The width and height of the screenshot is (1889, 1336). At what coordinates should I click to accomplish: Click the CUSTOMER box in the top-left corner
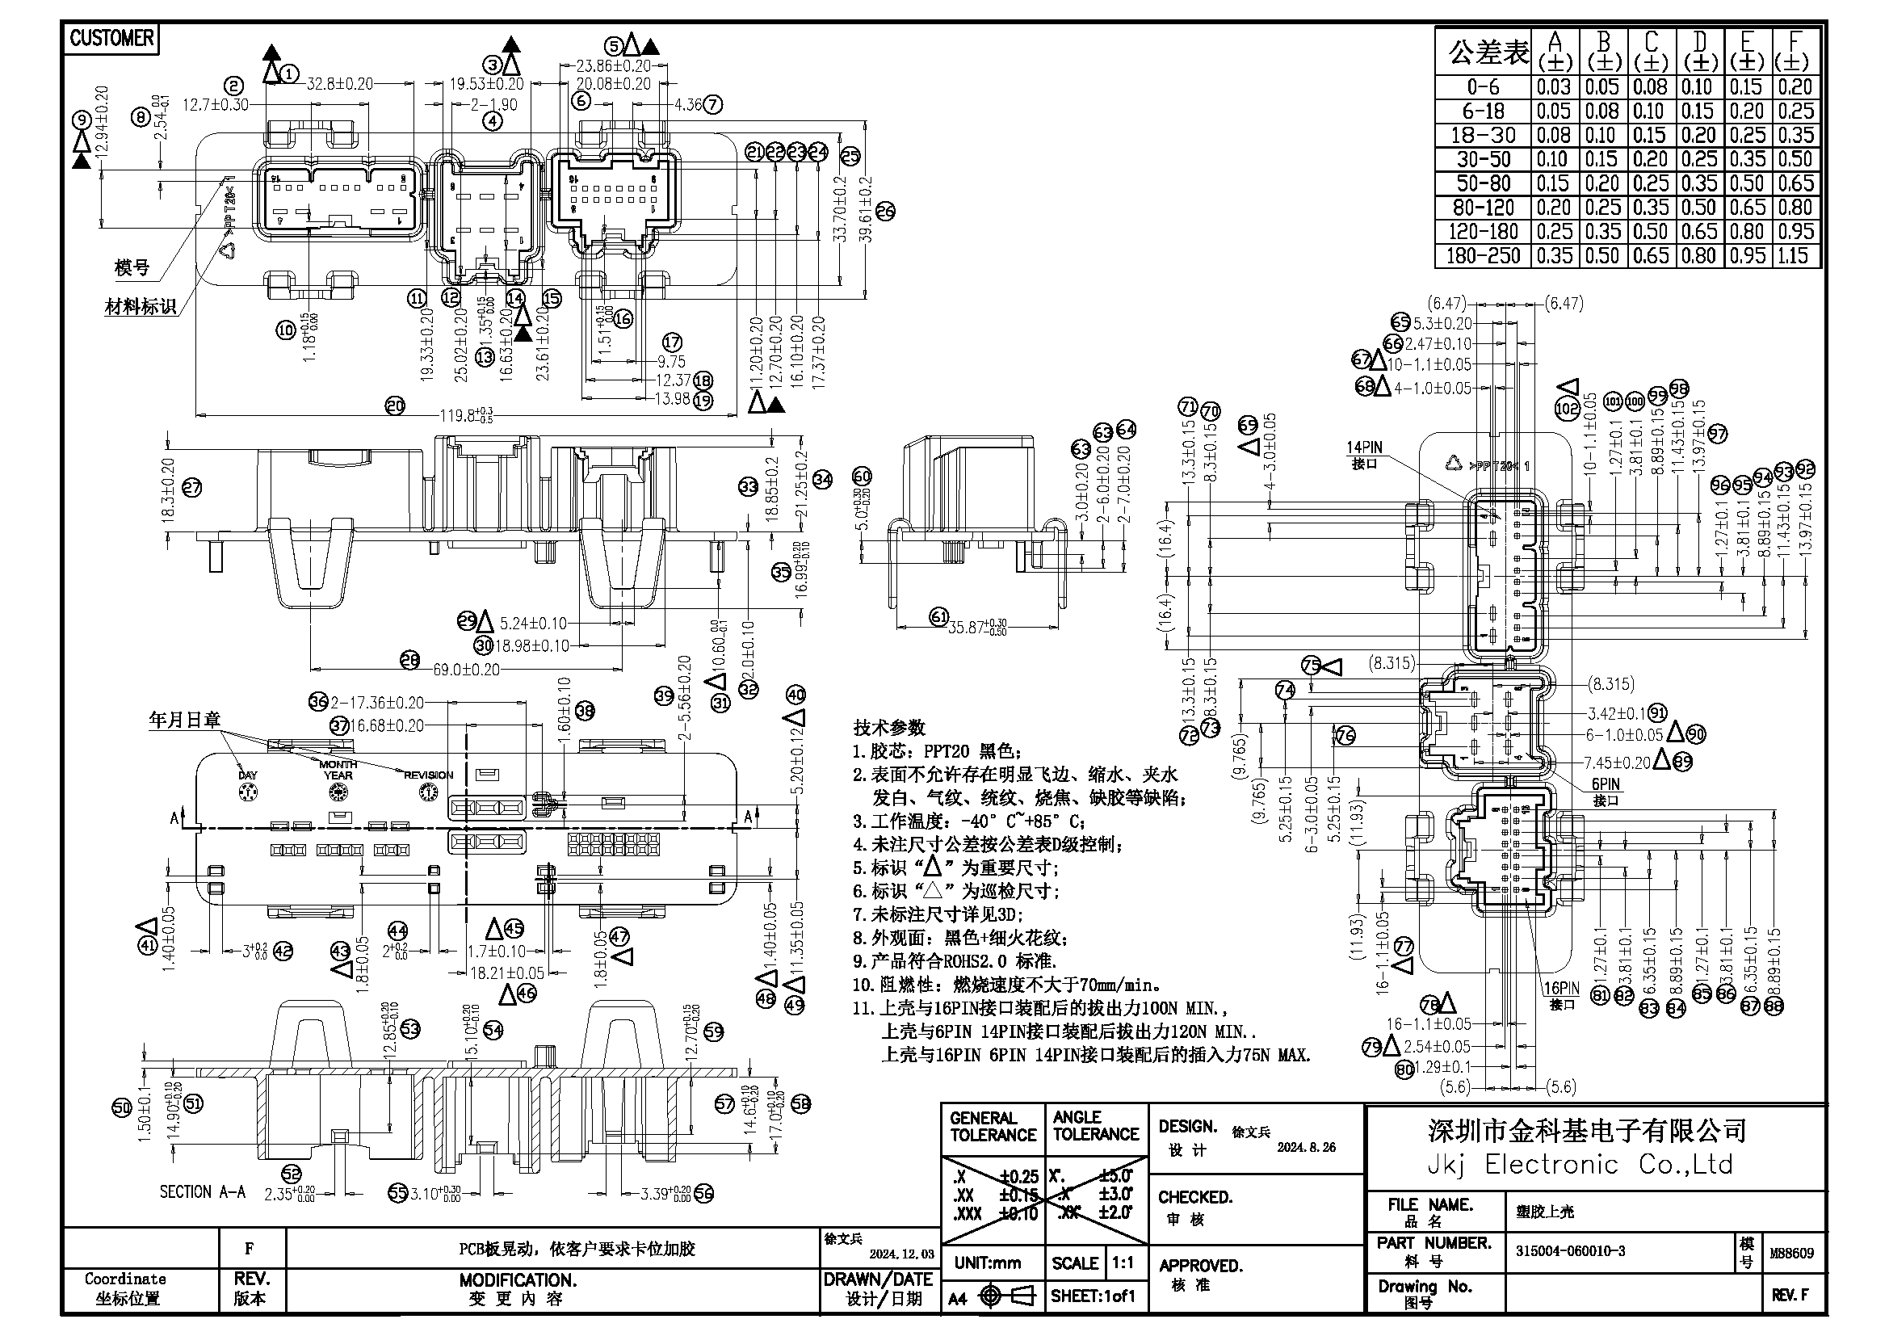pos(111,38)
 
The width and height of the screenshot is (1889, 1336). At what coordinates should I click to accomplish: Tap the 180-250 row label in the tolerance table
pos(1483,256)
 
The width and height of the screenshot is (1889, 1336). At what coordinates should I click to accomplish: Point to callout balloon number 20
pos(396,405)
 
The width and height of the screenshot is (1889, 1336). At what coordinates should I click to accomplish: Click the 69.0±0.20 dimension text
pos(467,669)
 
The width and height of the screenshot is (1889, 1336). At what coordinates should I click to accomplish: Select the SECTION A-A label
pos(203,1191)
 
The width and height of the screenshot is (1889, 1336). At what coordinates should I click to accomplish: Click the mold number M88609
pos(1791,1253)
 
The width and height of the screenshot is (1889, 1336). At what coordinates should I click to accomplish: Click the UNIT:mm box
pos(987,1262)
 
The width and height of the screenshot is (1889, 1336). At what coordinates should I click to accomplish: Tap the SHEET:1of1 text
pos(1093,1296)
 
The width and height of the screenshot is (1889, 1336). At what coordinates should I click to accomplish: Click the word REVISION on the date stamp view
pos(428,775)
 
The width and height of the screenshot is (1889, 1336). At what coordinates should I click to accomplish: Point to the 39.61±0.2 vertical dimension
pos(864,210)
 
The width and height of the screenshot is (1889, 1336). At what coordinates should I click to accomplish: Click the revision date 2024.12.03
pos(902,1254)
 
